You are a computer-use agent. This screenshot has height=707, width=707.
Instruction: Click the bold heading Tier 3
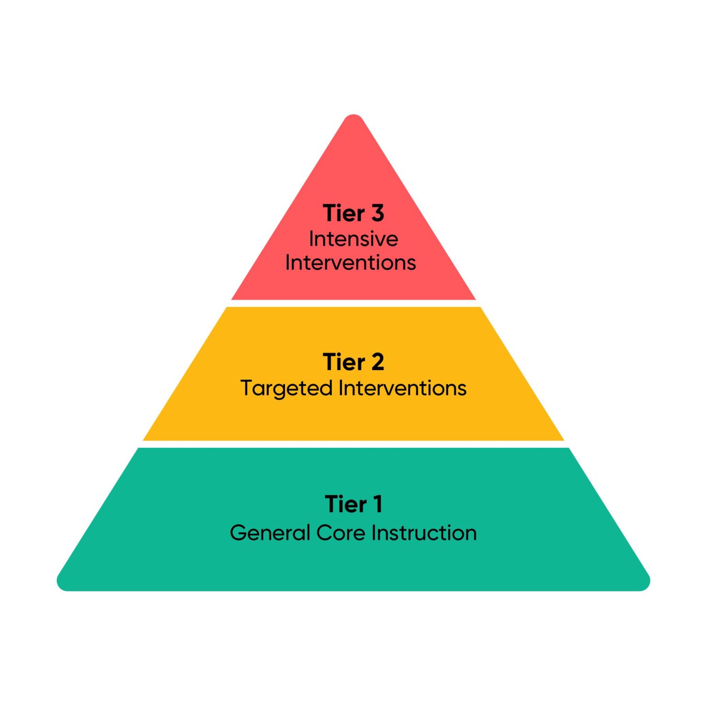point(353,213)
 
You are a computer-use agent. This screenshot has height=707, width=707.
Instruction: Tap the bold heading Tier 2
point(353,362)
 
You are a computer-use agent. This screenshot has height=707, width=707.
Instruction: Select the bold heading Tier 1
point(353,504)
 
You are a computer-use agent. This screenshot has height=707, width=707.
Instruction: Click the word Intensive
point(353,239)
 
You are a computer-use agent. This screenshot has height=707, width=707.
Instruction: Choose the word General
point(270,533)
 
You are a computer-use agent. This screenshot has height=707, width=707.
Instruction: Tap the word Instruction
point(424,533)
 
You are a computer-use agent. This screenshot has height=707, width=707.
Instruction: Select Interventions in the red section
point(351,263)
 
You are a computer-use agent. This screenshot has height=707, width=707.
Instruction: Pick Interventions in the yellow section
point(402,388)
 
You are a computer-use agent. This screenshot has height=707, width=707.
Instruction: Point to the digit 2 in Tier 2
point(377,362)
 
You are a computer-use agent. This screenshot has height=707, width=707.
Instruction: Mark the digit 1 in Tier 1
point(377,504)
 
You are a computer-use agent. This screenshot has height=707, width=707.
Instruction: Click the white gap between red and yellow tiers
point(353,303)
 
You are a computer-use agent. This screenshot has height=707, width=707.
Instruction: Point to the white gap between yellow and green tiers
point(353,444)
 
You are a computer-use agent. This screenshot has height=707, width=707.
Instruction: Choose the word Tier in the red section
point(343,213)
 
